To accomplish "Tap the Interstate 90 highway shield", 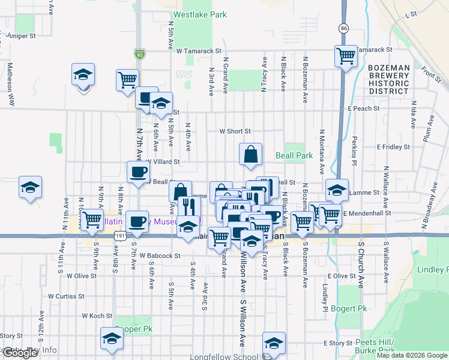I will click(139, 54).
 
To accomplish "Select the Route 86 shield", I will click(343, 28).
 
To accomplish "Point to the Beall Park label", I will click(294, 155).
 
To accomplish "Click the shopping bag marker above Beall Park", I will click(250, 154).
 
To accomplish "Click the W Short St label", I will click(234, 131).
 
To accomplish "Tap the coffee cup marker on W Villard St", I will click(138, 173).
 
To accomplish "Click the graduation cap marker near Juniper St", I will click(83, 74).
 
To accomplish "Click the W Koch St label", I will click(97, 316).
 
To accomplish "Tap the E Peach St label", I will click(363, 109).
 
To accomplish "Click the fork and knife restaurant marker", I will click(188, 207).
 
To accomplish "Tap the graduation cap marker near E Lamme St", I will click(337, 190).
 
